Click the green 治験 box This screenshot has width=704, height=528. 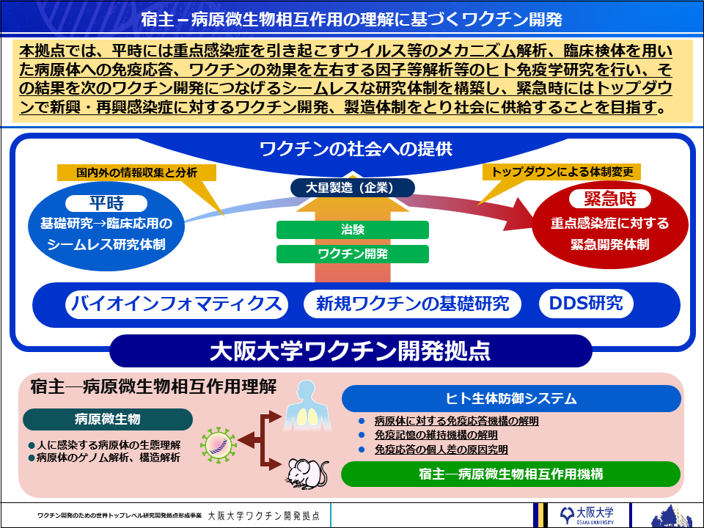(x=352, y=230)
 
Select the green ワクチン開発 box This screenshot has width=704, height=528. (x=352, y=254)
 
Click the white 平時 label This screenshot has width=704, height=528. (x=106, y=202)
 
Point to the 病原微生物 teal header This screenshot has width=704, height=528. (x=108, y=419)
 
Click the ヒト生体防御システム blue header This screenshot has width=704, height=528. (x=511, y=398)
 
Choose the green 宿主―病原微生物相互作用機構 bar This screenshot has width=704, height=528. (x=511, y=474)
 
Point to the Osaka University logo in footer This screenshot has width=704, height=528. (x=586, y=514)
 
